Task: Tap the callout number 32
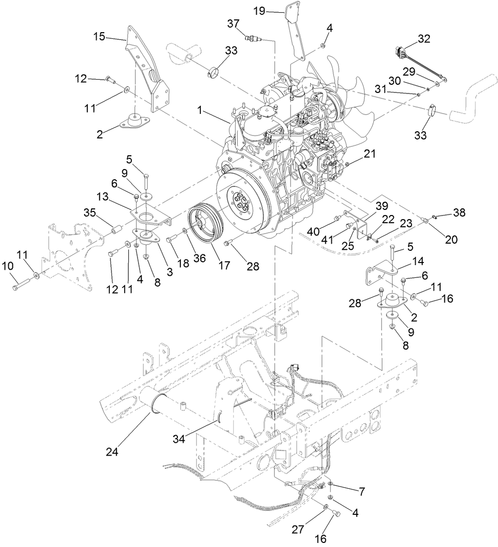(x=424, y=38)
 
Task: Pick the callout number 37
(x=233, y=24)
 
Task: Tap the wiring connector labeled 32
(x=404, y=52)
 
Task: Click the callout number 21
(x=370, y=153)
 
